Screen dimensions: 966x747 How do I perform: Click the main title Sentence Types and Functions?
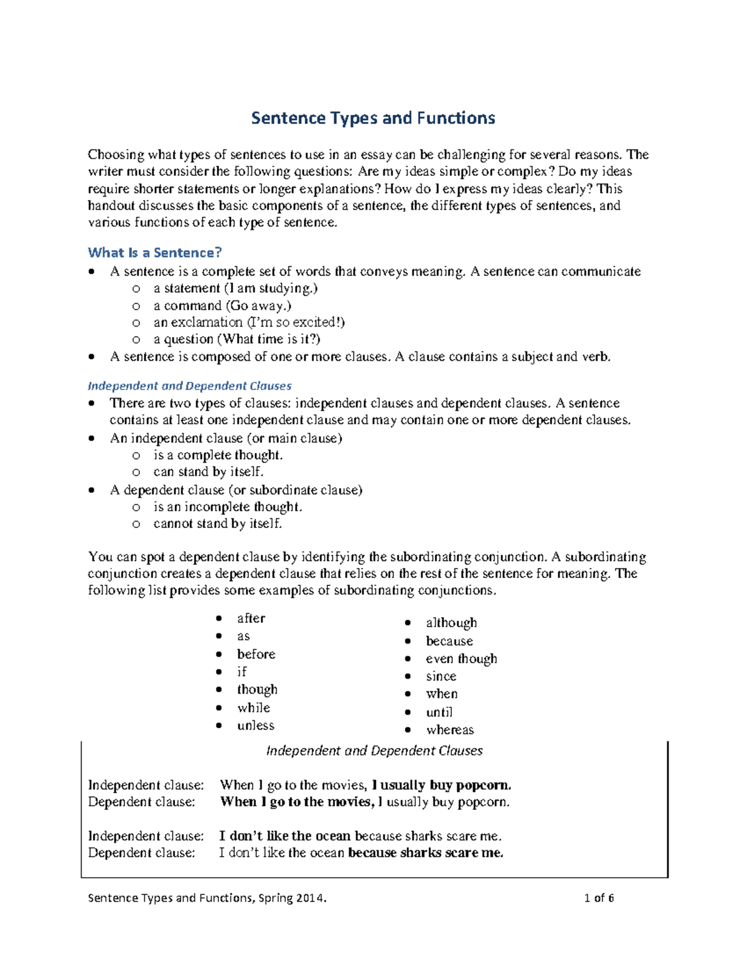pyautogui.click(x=373, y=118)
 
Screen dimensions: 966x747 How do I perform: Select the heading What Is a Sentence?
pyautogui.click(x=154, y=253)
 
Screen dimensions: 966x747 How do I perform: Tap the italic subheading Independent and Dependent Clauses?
pyautogui.click(x=189, y=386)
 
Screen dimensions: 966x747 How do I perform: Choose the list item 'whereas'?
pyautogui.click(x=449, y=730)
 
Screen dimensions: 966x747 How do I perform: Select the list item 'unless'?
pyautogui.click(x=255, y=725)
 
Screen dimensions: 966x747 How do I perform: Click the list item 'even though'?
pyautogui.click(x=461, y=659)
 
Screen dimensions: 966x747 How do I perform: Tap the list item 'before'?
pyautogui.click(x=256, y=654)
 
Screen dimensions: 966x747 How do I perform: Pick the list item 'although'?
pyautogui.click(x=451, y=623)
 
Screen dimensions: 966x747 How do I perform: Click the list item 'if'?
pyautogui.click(x=242, y=672)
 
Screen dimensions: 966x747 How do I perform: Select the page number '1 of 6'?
pyautogui.click(x=599, y=898)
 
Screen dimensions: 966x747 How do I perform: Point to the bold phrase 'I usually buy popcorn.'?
pyautogui.click(x=441, y=785)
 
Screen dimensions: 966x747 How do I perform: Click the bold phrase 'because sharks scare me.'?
pyautogui.click(x=425, y=853)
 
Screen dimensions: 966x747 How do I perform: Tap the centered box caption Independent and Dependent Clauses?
pyautogui.click(x=374, y=751)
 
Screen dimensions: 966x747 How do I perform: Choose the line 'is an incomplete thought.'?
pyautogui.click(x=227, y=507)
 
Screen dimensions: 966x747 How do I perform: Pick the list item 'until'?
pyautogui.click(x=439, y=712)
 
